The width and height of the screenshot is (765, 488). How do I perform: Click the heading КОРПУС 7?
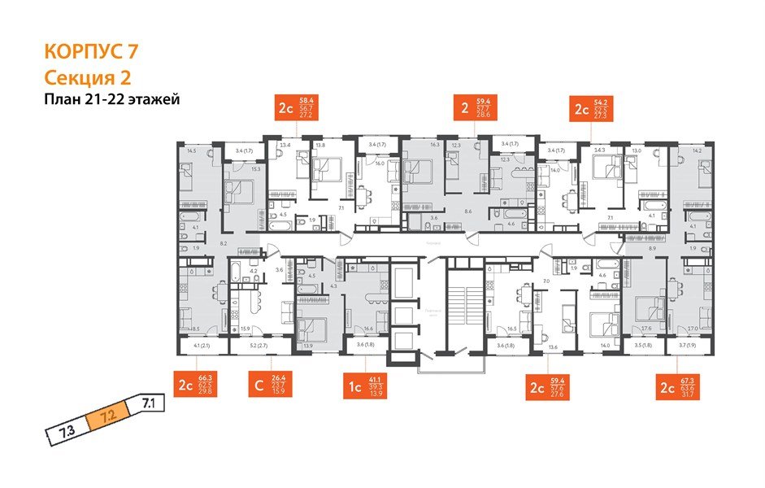click(x=89, y=52)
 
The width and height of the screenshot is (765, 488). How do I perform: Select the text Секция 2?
click(x=85, y=77)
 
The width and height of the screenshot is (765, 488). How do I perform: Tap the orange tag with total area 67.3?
click(x=680, y=384)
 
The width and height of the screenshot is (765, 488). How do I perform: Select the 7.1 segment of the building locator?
click(x=148, y=402)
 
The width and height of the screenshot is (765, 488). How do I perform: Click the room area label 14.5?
click(x=191, y=150)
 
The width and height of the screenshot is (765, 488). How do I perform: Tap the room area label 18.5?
click(x=194, y=329)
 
